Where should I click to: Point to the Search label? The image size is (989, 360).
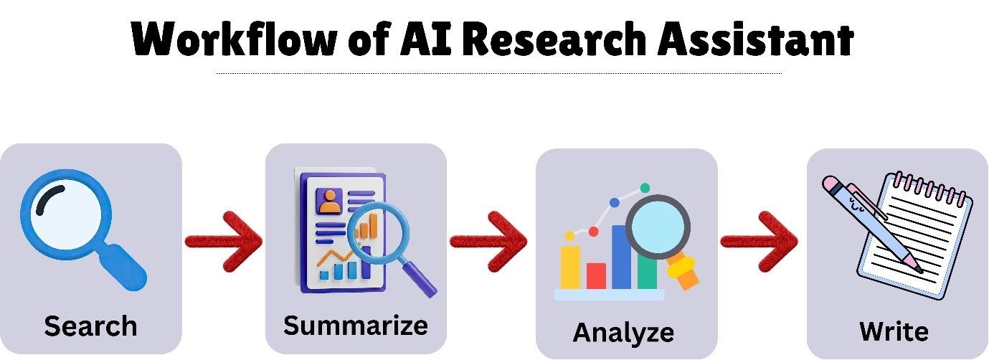click(x=90, y=326)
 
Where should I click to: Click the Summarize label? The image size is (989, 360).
click(x=356, y=325)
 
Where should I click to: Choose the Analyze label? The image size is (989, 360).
click(x=623, y=333)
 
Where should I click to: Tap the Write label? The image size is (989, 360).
click(x=894, y=331)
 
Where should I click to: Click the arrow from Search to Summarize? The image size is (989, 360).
click(x=223, y=241)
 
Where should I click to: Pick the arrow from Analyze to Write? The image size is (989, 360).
click(x=759, y=241)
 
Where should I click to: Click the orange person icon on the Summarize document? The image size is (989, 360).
click(x=329, y=202)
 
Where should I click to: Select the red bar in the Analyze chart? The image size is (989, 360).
click(x=596, y=275)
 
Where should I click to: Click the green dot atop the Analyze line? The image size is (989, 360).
click(x=645, y=188)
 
